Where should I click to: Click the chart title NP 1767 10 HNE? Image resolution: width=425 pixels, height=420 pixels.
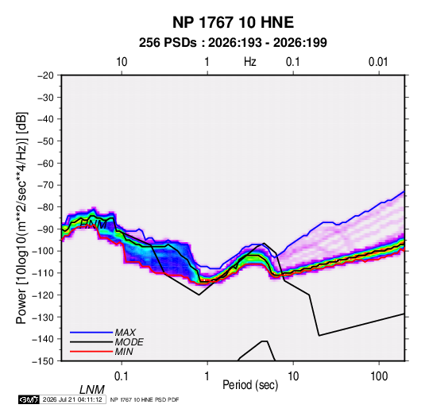[x=233, y=22]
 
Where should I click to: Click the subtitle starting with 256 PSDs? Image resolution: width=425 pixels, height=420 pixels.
[x=233, y=43]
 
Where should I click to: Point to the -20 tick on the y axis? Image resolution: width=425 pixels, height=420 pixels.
[x=45, y=75]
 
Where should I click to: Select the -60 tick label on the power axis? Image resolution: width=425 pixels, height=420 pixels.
[x=45, y=163]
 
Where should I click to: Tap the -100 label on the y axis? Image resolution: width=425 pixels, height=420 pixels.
[x=43, y=251]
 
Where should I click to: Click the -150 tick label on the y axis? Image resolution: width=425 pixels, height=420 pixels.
[x=43, y=361]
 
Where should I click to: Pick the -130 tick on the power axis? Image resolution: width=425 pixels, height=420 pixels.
[x=43, y=317]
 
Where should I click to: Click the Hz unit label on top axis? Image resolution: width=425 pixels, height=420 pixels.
[x=250, y=62]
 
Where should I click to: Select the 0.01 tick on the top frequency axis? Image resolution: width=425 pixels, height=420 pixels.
[x=378, y=62]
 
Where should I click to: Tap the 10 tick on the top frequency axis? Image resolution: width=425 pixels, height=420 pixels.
[x=122, y=62]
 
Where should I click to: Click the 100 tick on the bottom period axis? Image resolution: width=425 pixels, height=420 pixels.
[x=379, y=376]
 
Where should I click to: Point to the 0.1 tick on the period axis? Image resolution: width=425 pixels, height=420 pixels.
[x=122, y=376]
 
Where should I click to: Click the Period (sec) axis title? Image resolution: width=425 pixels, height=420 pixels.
[x=250, y=385]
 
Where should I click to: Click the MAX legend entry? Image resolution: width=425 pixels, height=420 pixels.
[x=126, y=333]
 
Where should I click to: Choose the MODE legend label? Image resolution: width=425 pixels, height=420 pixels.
[x=129, y=342]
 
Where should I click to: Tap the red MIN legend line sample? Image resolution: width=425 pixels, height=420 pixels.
[x=91, y=352]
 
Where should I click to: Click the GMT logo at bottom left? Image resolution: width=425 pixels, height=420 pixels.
[x=29, y=399]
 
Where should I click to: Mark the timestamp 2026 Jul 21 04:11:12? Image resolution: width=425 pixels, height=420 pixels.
[x=72, y=399]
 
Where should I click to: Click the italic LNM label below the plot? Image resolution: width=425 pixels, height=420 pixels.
[x=92, y=390]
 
